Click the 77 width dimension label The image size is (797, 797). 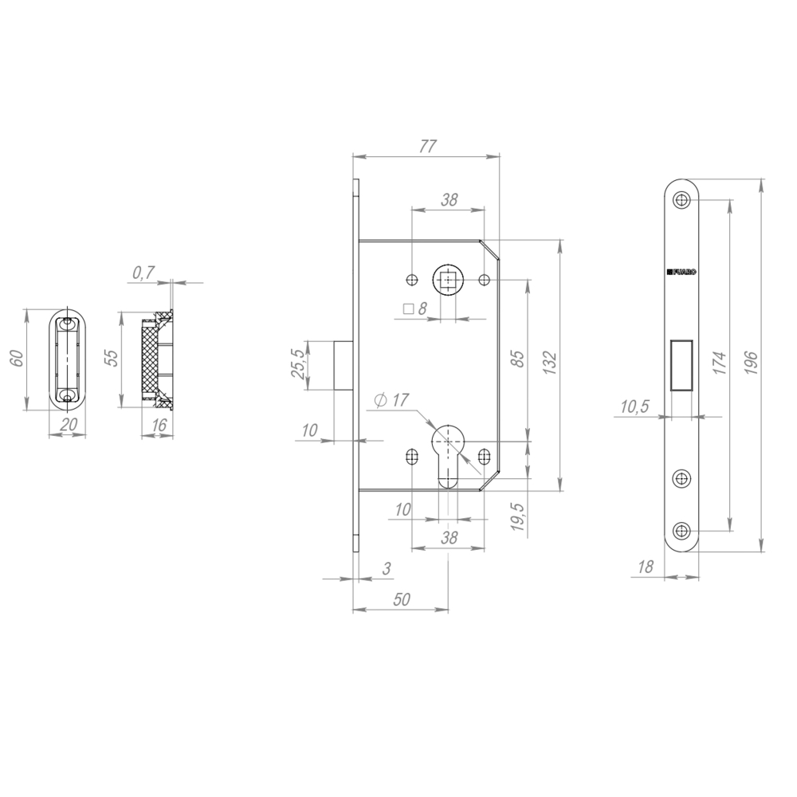coord(428,146)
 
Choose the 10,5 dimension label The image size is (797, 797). coord(634,407)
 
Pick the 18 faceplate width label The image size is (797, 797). coord(646,567)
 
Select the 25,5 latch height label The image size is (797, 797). coord(299,364)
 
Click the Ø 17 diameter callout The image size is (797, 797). coord(391,401)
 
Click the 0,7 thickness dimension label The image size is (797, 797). coord(143,273)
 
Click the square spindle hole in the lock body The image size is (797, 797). coord(447,280)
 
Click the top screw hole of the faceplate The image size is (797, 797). coord(681,200)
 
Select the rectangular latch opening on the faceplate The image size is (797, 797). coord(681,365)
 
